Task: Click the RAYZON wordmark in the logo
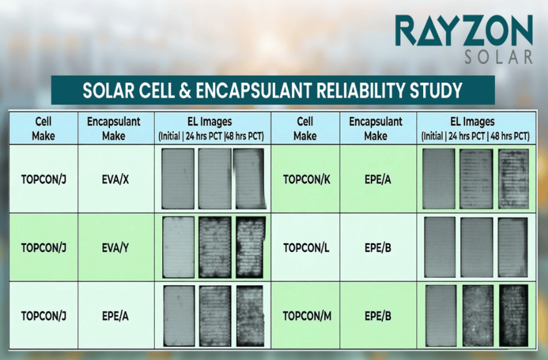(x=464, y=30)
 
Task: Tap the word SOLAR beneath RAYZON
(x=499, y=57)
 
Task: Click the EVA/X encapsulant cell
(x=115, y=180)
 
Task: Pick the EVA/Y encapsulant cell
(x=115, y=248)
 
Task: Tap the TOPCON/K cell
(x=307, y=180)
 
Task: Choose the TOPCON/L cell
(x=306, y=248)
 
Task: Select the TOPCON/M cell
(x=307, y=316)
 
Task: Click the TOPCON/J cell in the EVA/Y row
(x=44, y=248)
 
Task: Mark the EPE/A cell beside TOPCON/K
(x=378, y=180)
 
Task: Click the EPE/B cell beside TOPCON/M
(x=378, y=316)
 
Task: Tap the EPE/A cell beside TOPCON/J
(x=115, y=316)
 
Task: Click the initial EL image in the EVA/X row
(x=178, y=179)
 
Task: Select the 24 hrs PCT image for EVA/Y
(x=215, y=248)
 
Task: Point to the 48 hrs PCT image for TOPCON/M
(x=514, y=316)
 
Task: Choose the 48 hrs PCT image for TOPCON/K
(x=514, y=179)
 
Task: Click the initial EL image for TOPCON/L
(x=440, y=247)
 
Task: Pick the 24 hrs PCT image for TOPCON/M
(x=477, y=316)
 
